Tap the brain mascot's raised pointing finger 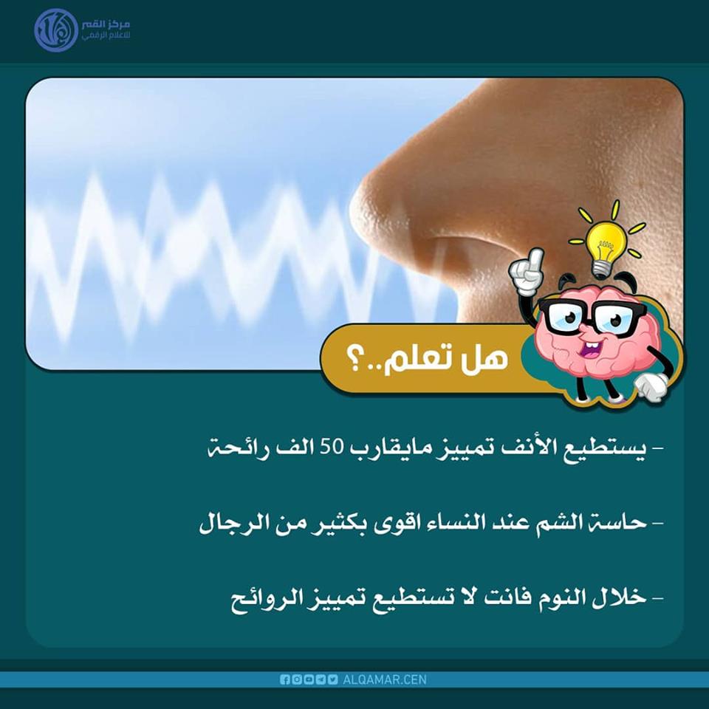point(536,258)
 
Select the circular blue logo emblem point(56,30)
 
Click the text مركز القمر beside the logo point(106,24)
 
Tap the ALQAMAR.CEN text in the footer point(384,679)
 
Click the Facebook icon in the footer point(285,679)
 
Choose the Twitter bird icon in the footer point(333,679)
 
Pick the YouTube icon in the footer point(309,679)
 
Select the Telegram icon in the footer point(321,679)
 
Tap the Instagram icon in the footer point(297,679)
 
